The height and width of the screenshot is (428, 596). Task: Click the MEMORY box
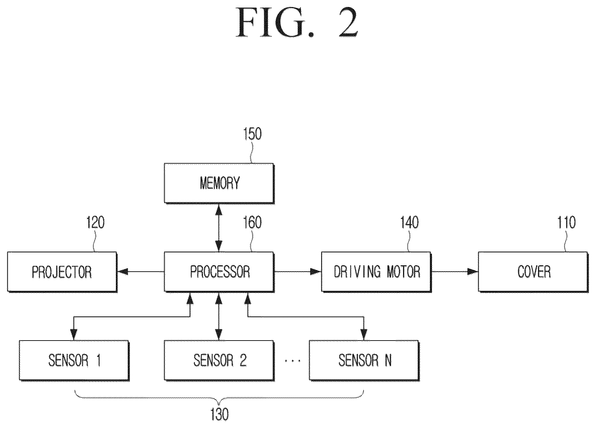(x=219, y=183)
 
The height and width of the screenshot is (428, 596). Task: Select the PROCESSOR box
(x=219, y=272)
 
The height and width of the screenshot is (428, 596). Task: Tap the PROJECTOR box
(x=62, y=272)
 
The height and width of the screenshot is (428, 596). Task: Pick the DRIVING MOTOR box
(x=377, y=272)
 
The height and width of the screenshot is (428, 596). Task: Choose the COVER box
(x=533, y=272)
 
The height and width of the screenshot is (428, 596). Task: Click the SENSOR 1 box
(x=74, y=360)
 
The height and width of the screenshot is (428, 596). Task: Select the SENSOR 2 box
(x=219, y=360)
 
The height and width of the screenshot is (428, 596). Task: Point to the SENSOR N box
(x=364, y=360)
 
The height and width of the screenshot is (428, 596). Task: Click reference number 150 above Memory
(x=252, y=134)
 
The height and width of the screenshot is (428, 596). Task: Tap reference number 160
(x=252, y=223)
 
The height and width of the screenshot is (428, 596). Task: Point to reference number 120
(x=95, y=223)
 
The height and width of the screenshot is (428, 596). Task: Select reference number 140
(x=410, y=223)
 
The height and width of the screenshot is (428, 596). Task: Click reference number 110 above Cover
(x=566, y=223)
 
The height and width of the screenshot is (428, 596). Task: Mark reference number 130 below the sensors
(x=219, y=414)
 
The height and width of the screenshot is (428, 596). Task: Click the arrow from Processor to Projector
(x=141, y=272)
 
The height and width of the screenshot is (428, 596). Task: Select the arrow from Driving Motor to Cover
(x=455, y=272)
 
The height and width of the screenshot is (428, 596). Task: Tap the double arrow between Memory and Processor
(x=218, y=228)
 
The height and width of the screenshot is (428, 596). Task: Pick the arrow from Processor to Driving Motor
(x=298, y=272)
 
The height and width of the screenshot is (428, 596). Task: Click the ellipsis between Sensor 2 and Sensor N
(x=292, y=360)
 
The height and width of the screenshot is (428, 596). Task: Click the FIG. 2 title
(x=297, y=23)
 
